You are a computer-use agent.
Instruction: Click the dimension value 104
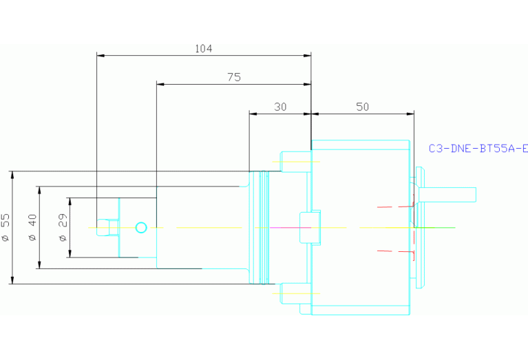pos(204,49)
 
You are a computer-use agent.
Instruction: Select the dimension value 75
pos(234,78)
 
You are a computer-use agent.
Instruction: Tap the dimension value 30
pos(280,107)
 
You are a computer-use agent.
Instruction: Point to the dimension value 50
pos(362,107)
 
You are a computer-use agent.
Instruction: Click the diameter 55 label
pos(6,227)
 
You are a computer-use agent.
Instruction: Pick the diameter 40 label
pos(32,227)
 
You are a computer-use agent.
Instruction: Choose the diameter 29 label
pos(63,227)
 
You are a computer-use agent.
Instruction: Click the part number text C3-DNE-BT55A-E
pos(478,148)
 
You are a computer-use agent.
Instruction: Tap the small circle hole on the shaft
pos(142,227)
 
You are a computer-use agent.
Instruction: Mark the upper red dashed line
pos(395,206)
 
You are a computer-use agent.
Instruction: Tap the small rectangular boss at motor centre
pos(309,227)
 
